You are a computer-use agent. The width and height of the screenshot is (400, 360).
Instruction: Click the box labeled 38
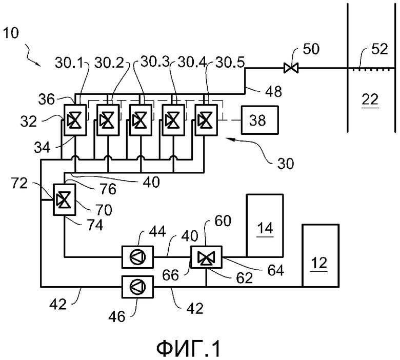point(259,120)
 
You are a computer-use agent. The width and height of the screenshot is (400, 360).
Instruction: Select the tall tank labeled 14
point(265,226)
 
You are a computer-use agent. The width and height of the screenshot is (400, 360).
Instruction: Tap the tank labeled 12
point(321,256)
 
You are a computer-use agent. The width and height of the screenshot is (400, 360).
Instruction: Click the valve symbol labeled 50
point(291,68)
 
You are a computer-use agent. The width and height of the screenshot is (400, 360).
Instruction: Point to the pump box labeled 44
point(137,257)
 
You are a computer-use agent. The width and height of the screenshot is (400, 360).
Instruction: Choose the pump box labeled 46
point(137,287)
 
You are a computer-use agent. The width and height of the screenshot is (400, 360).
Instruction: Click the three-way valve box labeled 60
point(206,257)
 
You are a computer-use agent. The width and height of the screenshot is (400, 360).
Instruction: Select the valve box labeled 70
point(64,199)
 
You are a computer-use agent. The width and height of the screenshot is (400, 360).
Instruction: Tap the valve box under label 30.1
point(75,120)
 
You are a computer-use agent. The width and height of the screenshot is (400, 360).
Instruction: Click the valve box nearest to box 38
point(206,120)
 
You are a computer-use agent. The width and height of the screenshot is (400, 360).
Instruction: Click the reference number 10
point(11,33)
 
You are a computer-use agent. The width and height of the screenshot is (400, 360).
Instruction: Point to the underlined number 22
point(370,99)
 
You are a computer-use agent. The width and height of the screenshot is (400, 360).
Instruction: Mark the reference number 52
point(379,49)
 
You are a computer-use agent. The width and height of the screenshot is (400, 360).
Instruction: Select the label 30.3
point(155,62)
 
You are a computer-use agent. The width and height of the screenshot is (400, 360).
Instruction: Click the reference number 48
point(274,91)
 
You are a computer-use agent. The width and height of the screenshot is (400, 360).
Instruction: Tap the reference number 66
point(170,275)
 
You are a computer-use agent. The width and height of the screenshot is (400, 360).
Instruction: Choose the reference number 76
point(108,189)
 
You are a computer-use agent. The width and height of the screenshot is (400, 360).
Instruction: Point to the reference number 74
point(95,225)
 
